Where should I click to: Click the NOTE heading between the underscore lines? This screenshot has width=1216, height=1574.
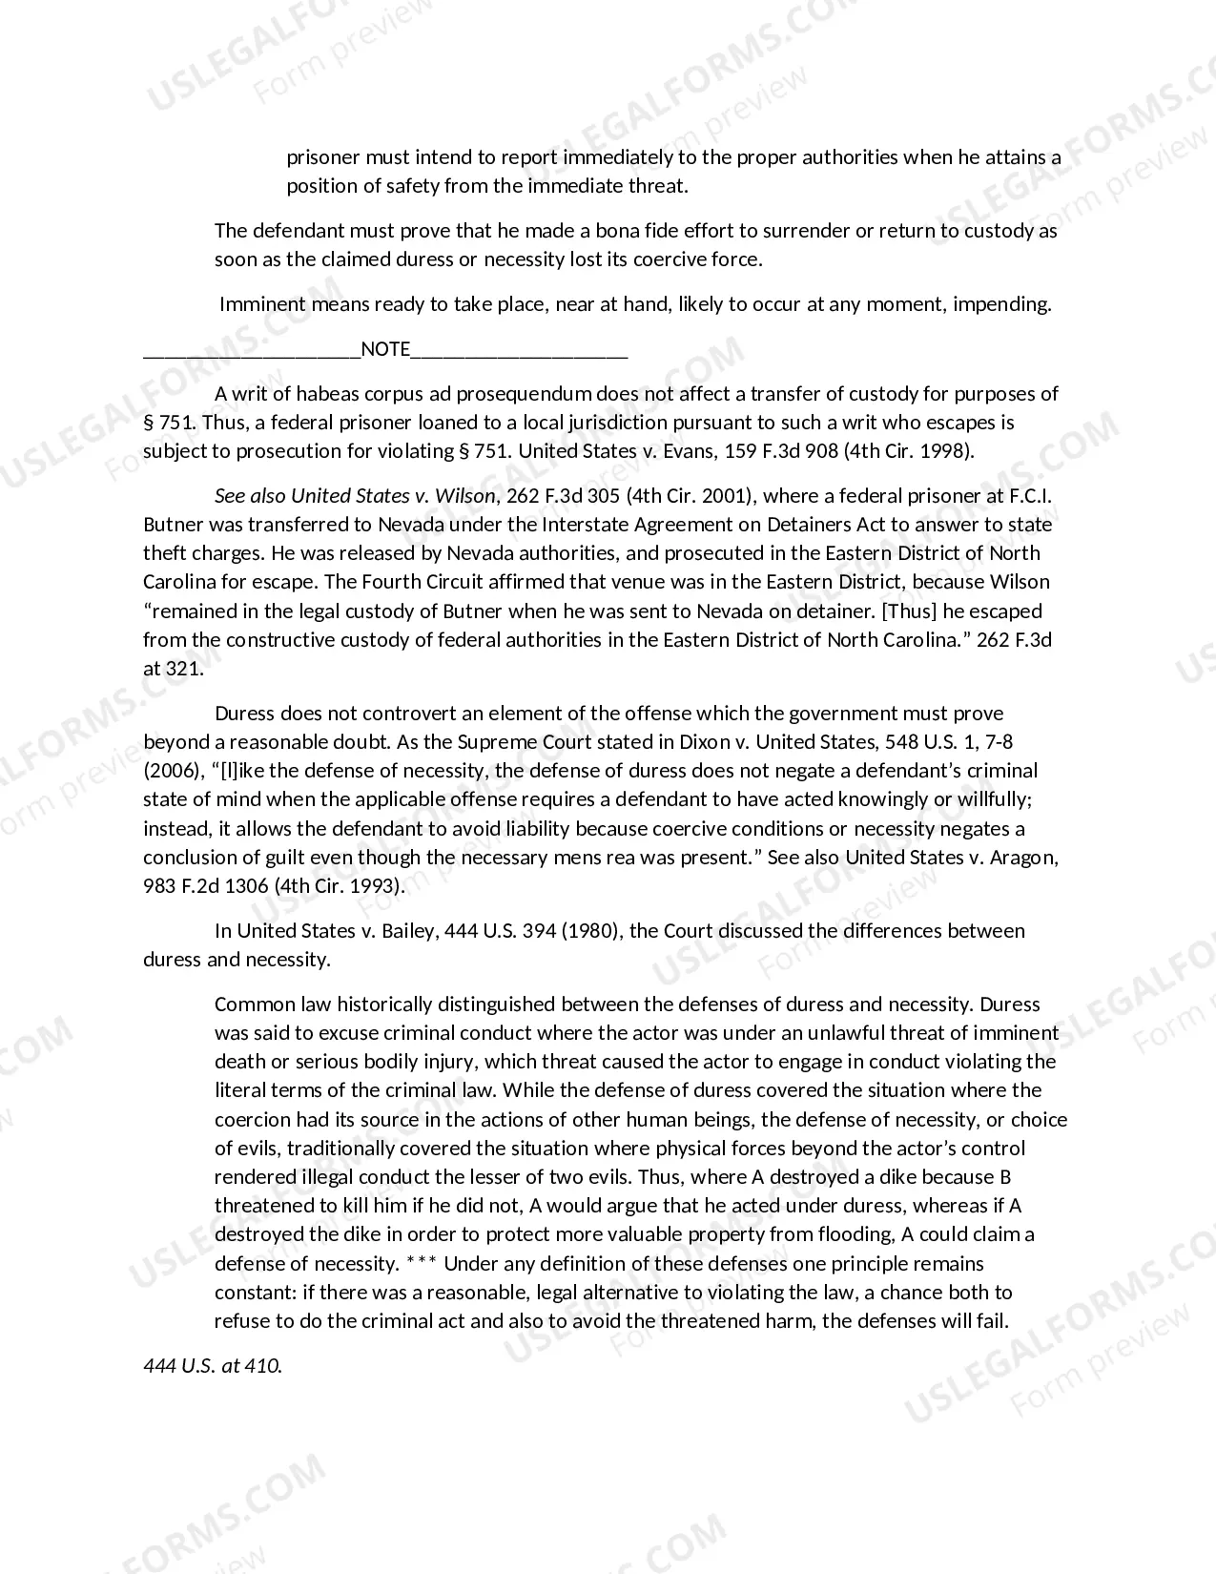[x=385, y=349]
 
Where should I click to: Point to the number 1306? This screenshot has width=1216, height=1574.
[x=246, y=885]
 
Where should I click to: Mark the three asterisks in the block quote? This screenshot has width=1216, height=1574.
[x=421, y=1264]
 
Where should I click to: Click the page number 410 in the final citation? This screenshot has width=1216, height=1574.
[x=262, y=1365]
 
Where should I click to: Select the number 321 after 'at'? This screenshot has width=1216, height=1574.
[x=184, y=668]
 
